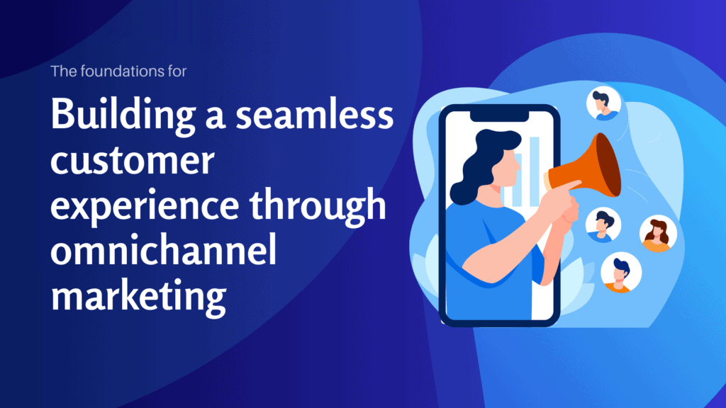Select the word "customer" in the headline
click(x=132, y=161)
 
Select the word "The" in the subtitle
click(x=62, y=71)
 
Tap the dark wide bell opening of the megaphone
click(x=607, y=164)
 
